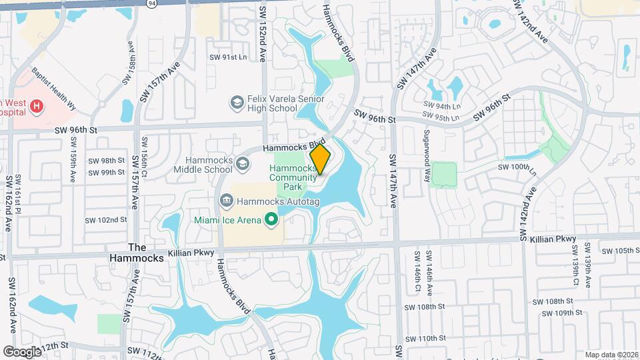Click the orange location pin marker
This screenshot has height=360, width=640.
pyautogui.click(x=321, y=159)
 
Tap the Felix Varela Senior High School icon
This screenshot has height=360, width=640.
pyautogui.click(x=237, y=102)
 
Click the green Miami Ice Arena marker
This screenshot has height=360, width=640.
pyautogui.click(x=271, y=219)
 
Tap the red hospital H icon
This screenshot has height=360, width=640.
pyautogui.click(x=37, y=105)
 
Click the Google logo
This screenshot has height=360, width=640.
pyautogui.click(x=22, y=351)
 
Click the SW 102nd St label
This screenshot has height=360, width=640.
pyautogui.click(x=106, y=220)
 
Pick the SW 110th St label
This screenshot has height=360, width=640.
pyautogui.click(x=424, y=339)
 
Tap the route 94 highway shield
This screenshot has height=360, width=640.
pyautogui.click(x=152, y=3)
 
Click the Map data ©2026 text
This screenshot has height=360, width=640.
pyautogui.click(x=611, y=355)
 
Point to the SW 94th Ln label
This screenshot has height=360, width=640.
pyautogui.click(x=442, y=106)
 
